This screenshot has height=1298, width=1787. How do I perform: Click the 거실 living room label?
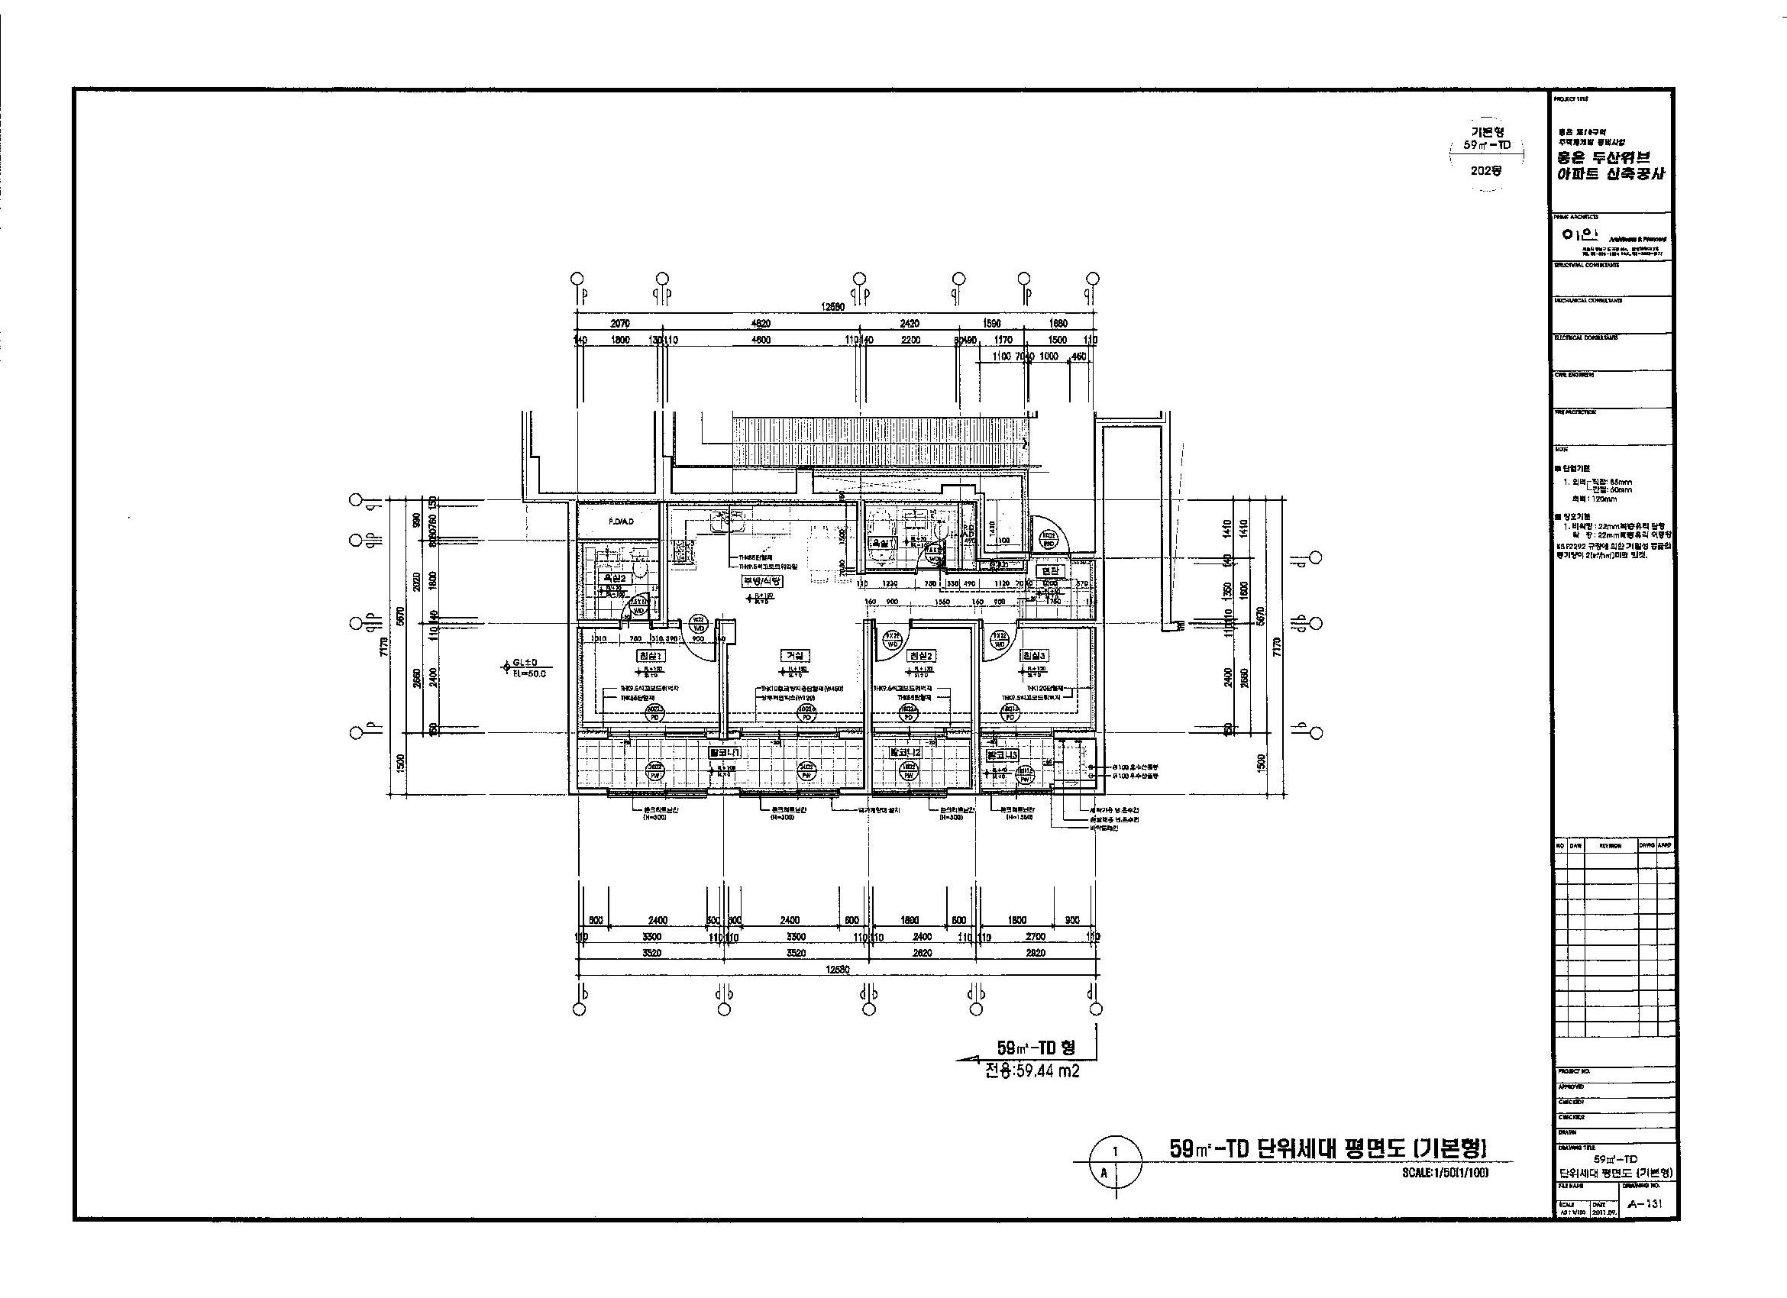[x=793, y=655]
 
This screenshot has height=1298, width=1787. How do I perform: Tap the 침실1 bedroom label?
[x=651, y=655]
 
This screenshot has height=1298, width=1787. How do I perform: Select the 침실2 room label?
[x=921, y=655]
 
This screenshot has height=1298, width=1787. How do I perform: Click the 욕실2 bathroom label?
[x=613, y=578]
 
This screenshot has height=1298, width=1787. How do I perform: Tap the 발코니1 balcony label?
[x=724, y=752]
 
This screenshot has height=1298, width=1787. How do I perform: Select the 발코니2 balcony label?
[x=905, y=752]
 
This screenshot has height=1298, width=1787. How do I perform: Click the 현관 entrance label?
[x=1051, y=571]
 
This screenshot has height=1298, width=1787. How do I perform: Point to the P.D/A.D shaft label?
[x=622, y=521]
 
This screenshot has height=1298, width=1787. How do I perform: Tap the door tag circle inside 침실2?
[x=893, y=638]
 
